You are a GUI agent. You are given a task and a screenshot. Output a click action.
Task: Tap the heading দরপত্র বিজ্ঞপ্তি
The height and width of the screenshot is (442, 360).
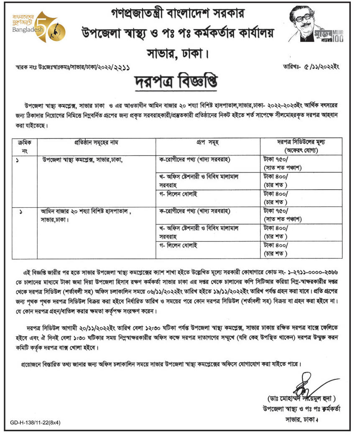click(x=180, y=79)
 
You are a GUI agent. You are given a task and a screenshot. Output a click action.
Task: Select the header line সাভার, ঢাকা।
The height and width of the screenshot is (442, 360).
click(x=180, y=52)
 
